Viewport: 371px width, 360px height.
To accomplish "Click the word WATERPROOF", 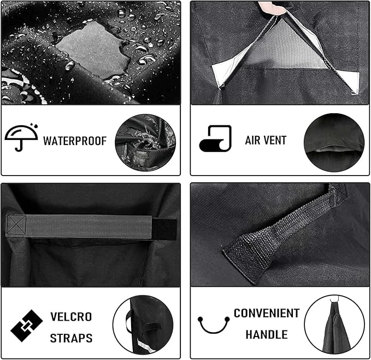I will (x=75, y=141).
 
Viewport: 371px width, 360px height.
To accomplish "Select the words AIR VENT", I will (x=266, y=141).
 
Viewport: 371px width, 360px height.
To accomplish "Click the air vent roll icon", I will (x=215, y=138).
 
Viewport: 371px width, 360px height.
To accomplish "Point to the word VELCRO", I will (x=71, y=317).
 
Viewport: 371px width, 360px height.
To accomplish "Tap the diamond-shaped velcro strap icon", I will (x=27, y=326).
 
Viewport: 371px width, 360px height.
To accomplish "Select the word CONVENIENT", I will (x=267, y=313).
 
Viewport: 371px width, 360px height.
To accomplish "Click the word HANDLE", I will (x=266, y=334).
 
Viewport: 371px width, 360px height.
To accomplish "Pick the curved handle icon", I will (x=213, y=324).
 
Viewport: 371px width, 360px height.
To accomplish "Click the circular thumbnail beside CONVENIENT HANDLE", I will (x=334, y=324).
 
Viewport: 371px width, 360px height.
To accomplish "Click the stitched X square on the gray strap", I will (x=16, y=225).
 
